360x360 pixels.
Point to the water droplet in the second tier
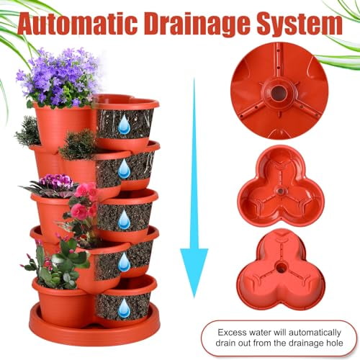pyautogui.click(x=124, y=170)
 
